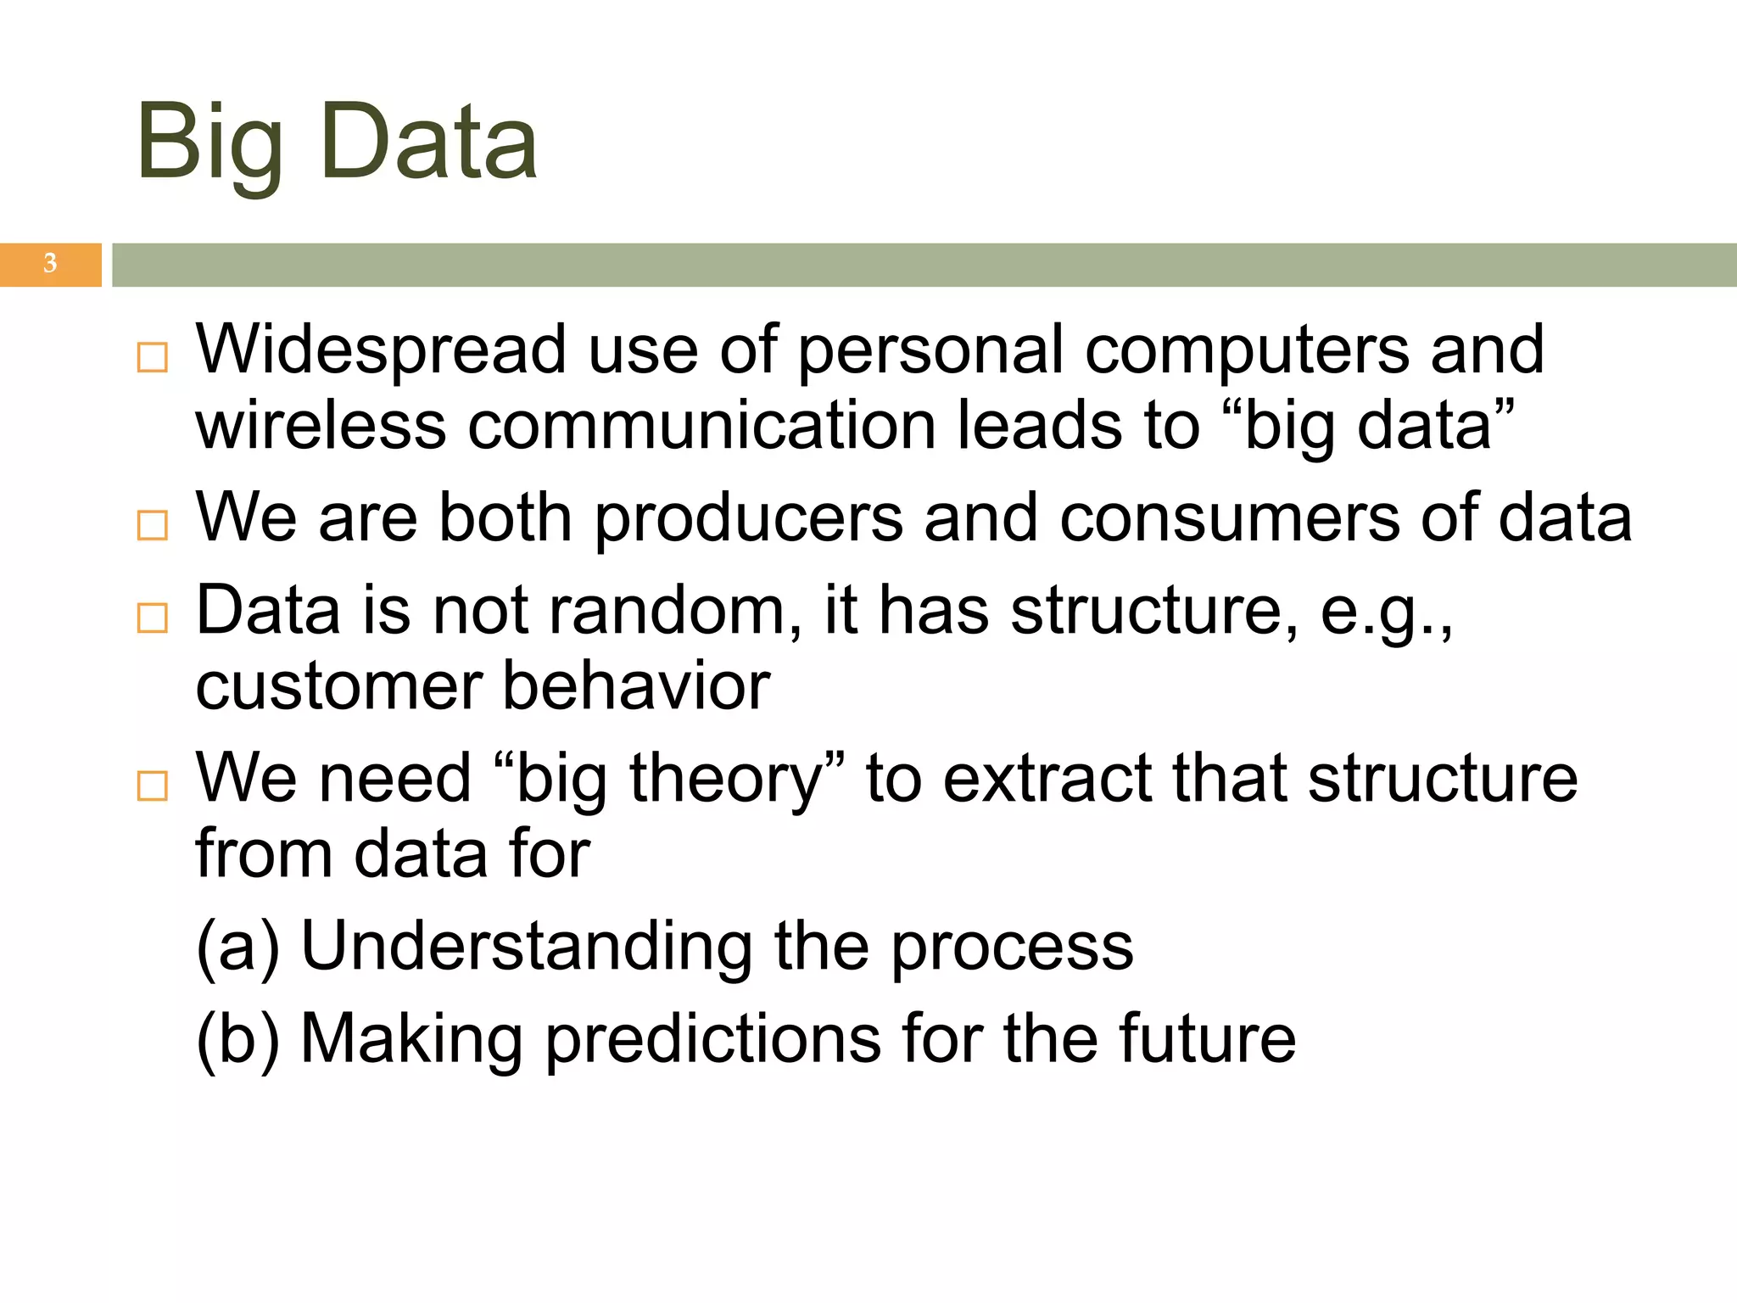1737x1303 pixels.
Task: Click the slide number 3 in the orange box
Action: pos(50,264)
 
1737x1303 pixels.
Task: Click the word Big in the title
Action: pos(209,144)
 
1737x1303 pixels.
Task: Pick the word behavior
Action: pos(636,685)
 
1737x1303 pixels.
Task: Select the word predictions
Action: pos(712,1039)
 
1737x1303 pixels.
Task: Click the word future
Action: pos(1207,1039)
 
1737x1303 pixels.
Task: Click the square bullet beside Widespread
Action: pos(153,358)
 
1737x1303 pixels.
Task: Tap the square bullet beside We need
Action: pos(153,786)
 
